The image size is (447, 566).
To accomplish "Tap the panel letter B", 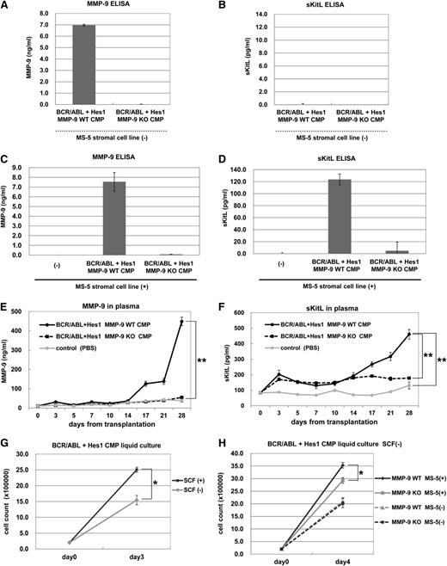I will click(x=235, y=7).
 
